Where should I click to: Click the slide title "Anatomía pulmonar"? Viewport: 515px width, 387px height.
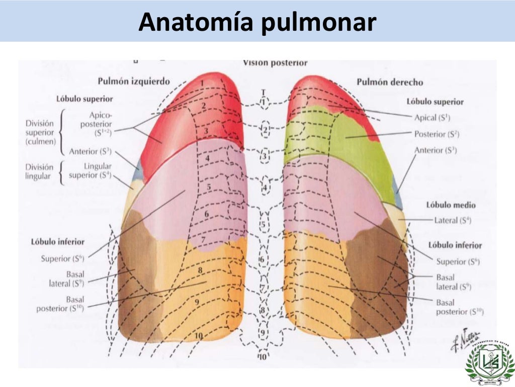coord(257,22)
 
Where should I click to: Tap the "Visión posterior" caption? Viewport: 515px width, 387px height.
coord(275,62)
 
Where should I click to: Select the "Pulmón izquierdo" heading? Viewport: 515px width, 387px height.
coord(134,81)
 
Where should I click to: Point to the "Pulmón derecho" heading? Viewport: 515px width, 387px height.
coord(390,82)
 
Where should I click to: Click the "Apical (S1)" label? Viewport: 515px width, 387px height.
coord(432,117)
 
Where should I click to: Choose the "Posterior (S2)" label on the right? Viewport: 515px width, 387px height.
coord(436,134)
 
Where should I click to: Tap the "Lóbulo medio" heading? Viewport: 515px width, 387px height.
coord(451,205)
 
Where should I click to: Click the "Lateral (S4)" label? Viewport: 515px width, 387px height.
coord(453,220)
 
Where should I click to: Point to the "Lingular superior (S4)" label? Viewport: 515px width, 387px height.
coord(91,171)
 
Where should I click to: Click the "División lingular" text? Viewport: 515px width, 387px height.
coord(39,171)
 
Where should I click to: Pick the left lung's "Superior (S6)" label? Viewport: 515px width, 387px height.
coord(62,259)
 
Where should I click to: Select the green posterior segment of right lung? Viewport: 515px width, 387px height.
coord(347,136)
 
